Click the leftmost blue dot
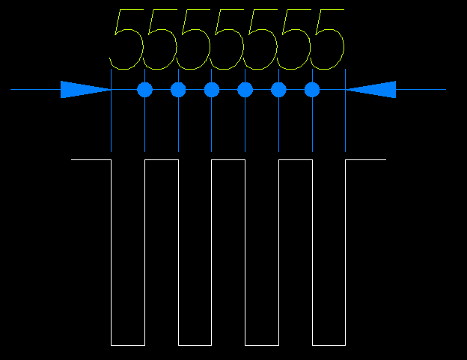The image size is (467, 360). pos(145,90)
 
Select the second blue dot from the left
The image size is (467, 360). pos(178,90)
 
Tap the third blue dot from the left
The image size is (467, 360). pos(212,90)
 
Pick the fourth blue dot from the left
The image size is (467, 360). pos(245,90)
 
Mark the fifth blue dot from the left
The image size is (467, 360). pos(278,90)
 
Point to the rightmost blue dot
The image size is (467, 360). pos(312,90)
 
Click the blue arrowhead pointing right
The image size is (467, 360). pos(82,90)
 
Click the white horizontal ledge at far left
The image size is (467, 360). pos(91,160)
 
